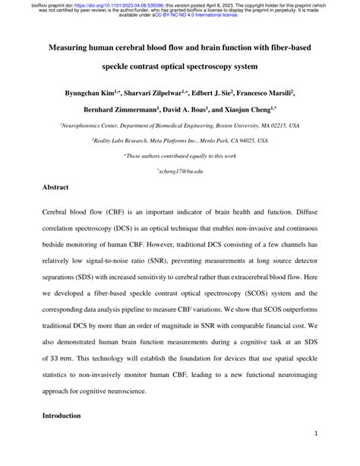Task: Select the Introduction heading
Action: (x=64, y=417)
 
